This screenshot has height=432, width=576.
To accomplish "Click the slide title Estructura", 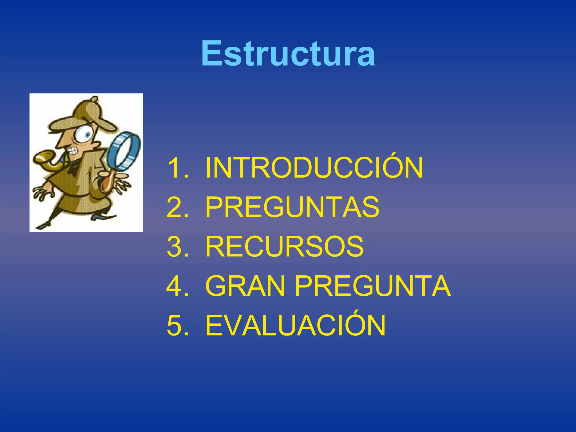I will coord(288,53).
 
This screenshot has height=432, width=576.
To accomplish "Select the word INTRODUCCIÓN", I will coord(314,168).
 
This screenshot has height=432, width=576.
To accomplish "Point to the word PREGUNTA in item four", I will coord(372,286).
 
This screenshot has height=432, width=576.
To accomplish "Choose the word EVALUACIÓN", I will coord(295,326).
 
